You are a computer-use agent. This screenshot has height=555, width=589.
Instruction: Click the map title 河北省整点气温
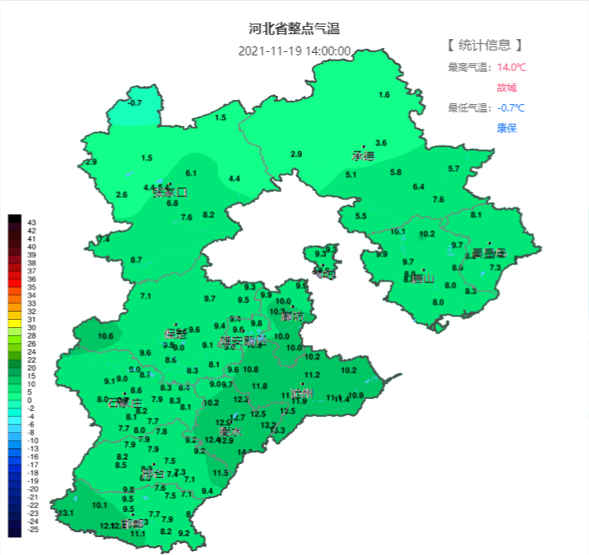[294, 29]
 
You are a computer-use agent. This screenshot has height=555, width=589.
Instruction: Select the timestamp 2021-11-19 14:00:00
[294, 50]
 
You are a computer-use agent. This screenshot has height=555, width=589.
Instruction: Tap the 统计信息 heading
[484, 45]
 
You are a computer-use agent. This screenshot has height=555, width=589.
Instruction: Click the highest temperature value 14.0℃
[512, 67]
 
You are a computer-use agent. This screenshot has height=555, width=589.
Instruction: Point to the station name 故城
[506, 87]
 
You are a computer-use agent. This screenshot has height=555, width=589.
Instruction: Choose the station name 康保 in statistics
[506, 128]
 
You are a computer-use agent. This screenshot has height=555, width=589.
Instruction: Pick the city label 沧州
[303, 393]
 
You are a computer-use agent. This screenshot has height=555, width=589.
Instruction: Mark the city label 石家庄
[124, 402]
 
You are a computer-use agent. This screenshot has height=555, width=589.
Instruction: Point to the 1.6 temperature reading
[384, 95]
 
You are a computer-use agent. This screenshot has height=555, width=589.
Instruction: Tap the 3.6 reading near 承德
[381, 143]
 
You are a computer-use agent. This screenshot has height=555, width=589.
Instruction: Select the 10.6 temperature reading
[105, 336]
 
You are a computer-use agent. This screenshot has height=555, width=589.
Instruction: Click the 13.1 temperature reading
[66, 513]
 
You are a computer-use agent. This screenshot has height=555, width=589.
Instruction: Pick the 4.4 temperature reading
[234, 178]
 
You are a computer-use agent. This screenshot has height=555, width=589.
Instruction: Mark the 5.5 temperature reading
[360, 216]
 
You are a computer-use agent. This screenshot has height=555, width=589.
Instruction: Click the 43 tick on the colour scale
[32, 222]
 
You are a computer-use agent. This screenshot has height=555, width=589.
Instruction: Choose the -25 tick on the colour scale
[33, 530]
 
